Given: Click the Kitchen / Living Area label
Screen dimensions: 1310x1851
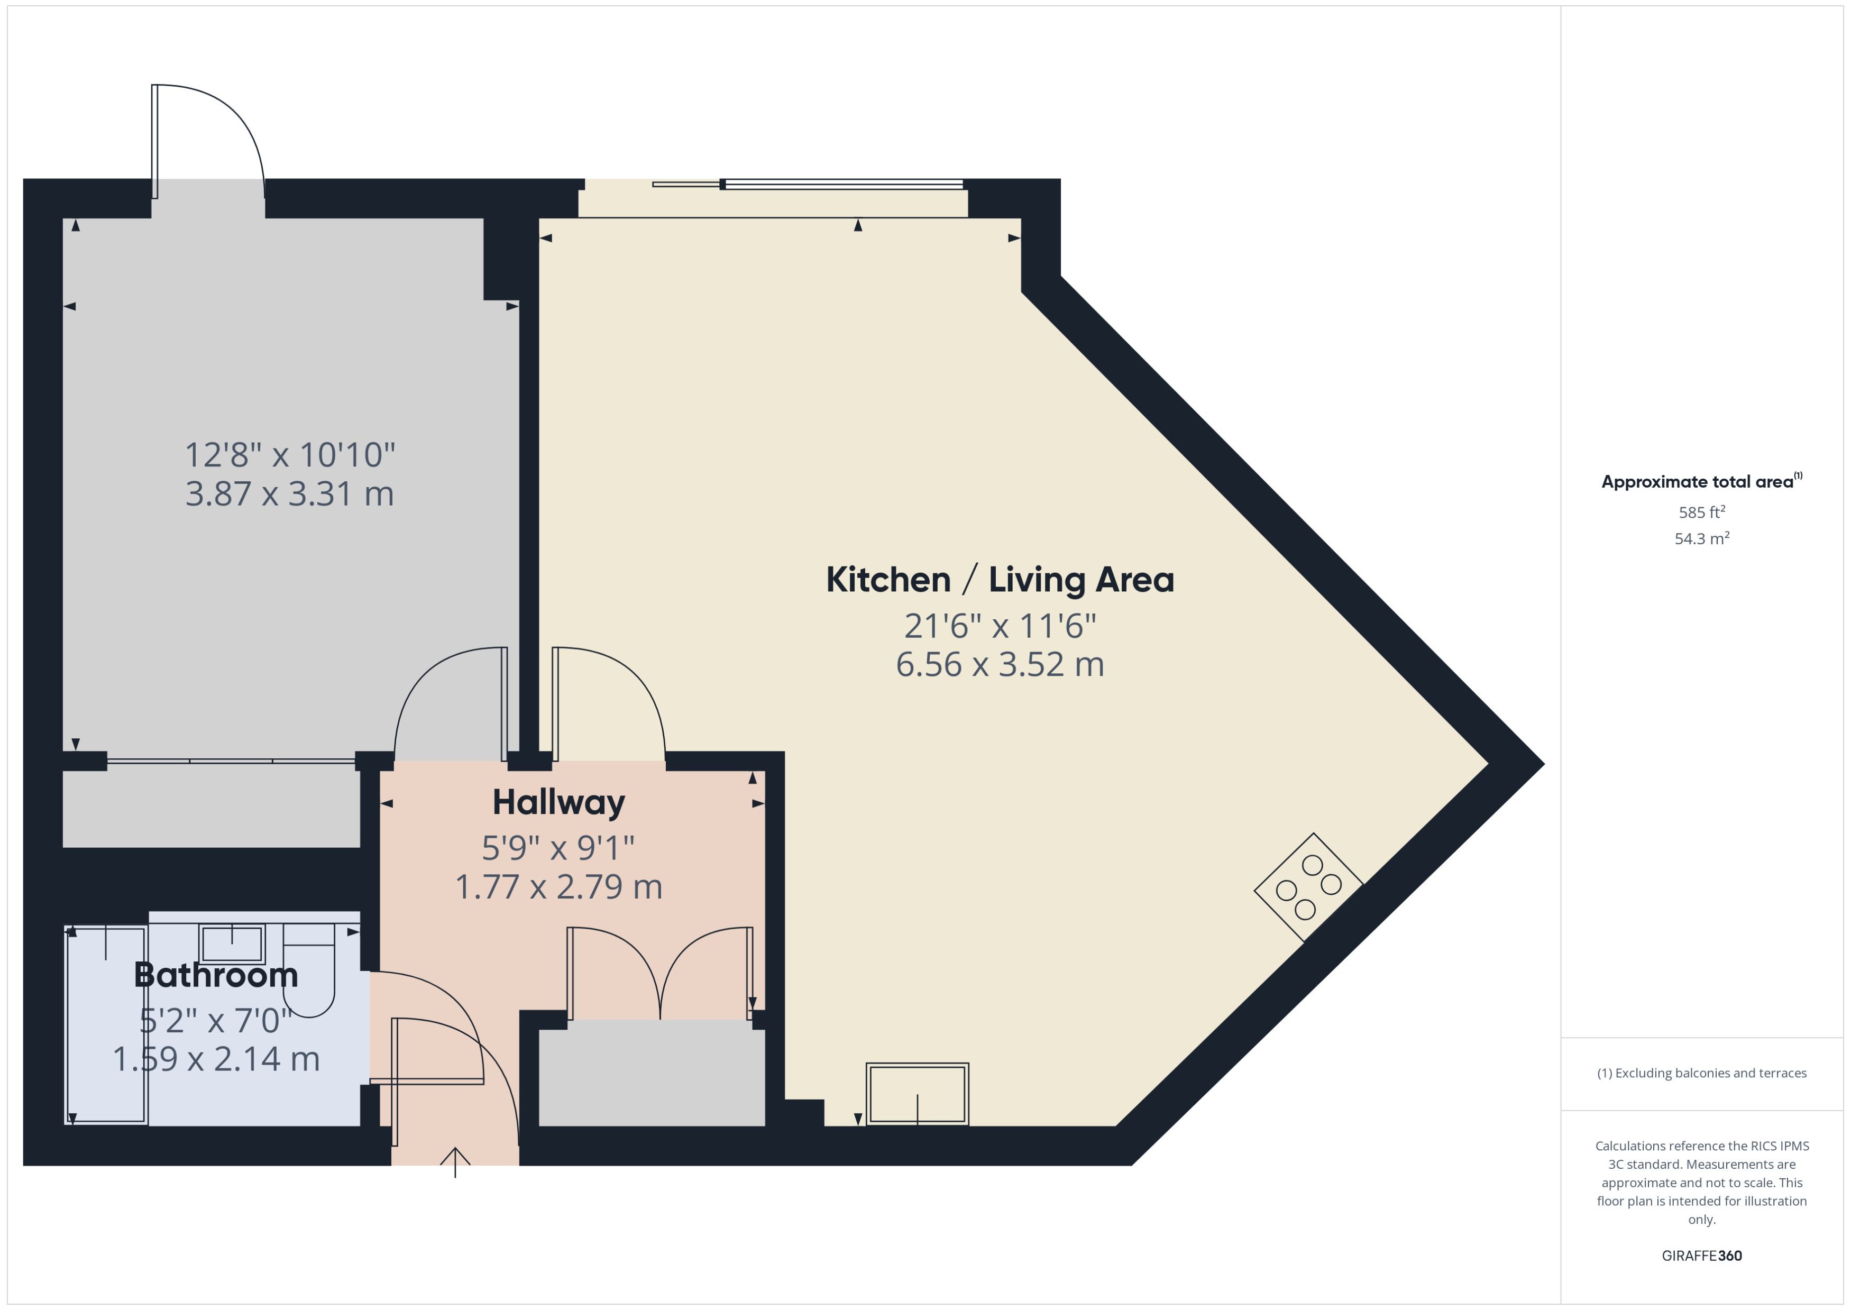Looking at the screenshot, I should click(1000, 580).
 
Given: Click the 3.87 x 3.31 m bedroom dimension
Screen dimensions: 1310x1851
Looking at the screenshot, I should click(289, 493).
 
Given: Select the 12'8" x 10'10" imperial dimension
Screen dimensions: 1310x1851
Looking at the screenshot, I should click(289, 455).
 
